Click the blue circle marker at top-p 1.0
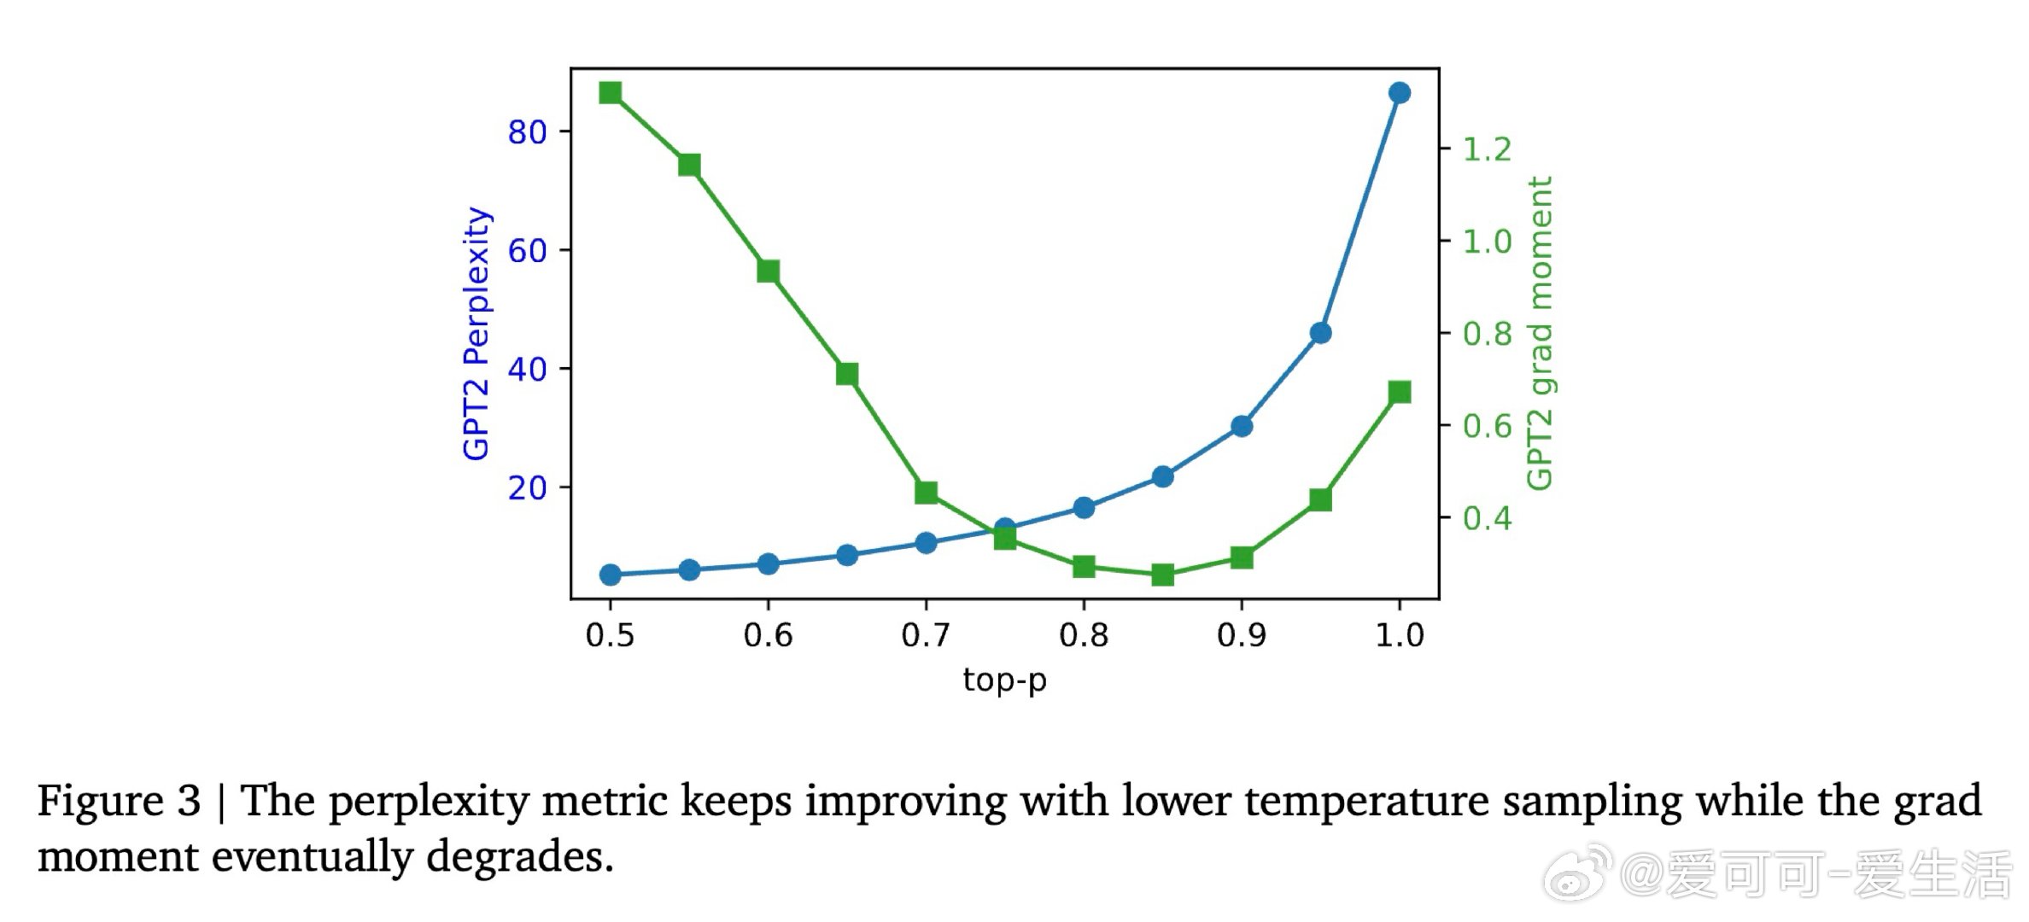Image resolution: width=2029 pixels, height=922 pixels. [1399, 93]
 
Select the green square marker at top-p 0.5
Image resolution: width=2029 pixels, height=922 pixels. [610, 93]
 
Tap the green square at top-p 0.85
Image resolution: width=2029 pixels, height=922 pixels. [1162, 575]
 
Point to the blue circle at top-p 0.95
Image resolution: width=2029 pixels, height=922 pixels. [1320, 333]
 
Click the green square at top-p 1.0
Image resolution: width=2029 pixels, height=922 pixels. [1399, 393]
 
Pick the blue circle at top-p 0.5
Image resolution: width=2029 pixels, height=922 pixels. [610, 575]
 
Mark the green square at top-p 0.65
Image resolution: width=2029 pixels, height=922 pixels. [847, 374]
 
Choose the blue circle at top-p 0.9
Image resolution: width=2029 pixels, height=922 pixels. [1242, 426]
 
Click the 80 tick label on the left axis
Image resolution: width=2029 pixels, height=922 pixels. [527, 132]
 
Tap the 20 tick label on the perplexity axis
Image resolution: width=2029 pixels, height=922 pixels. [527, 488]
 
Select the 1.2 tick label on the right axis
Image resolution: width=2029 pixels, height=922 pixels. [1487, 150]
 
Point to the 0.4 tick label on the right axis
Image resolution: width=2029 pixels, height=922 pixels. [1487, 518]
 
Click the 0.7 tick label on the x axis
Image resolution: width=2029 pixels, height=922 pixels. [926, 635]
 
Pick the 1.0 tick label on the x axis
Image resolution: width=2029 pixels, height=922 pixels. [1399, 635]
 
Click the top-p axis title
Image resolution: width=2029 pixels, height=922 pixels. [1004, 680]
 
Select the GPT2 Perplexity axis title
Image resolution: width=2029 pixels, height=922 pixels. [477, 333]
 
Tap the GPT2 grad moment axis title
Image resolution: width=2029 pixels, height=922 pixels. [1539, 333]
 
